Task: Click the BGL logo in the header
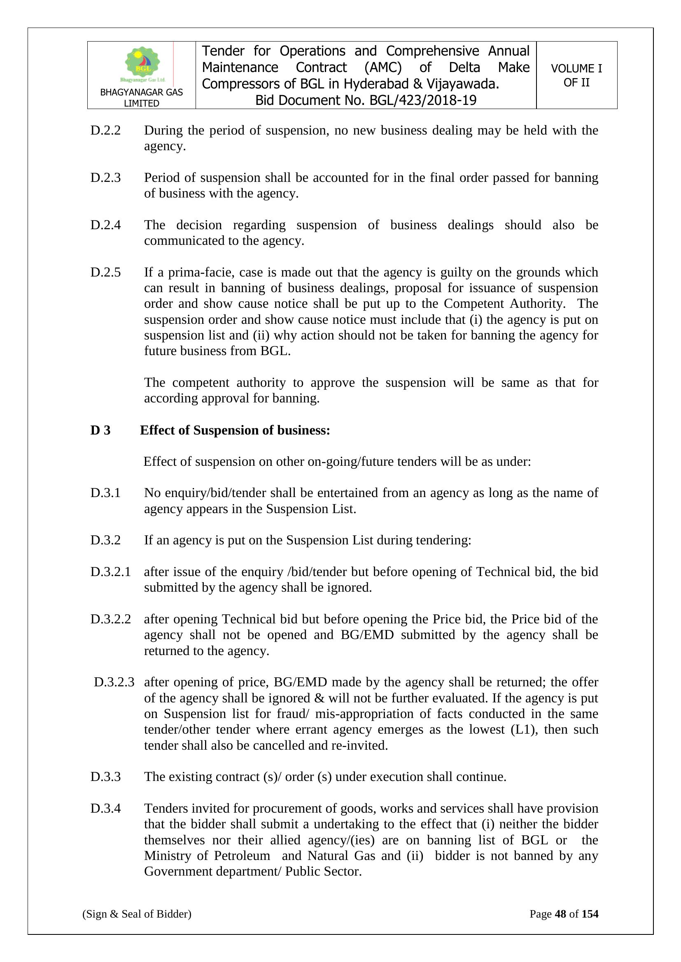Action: click(142, 64)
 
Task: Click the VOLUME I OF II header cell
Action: click(576, 75)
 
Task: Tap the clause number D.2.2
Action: click(105, 130)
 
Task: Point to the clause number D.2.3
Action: click(105, 178)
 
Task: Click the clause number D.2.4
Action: click(105, 225)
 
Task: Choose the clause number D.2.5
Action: click(105, 272)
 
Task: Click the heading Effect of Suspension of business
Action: click(235, 430)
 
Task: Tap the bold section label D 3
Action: click(100, 430)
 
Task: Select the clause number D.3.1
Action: click(105, 493)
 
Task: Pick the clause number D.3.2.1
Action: click(110, 572)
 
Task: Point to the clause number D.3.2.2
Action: click(110, 619)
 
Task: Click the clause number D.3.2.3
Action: click(114, 682)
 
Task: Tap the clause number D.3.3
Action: click(105, 776)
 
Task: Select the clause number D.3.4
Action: click(105, 808)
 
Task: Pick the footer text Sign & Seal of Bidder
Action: click(137, 914)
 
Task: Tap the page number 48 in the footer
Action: click(560, 914)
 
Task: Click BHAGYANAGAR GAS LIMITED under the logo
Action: click(141, 98)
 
